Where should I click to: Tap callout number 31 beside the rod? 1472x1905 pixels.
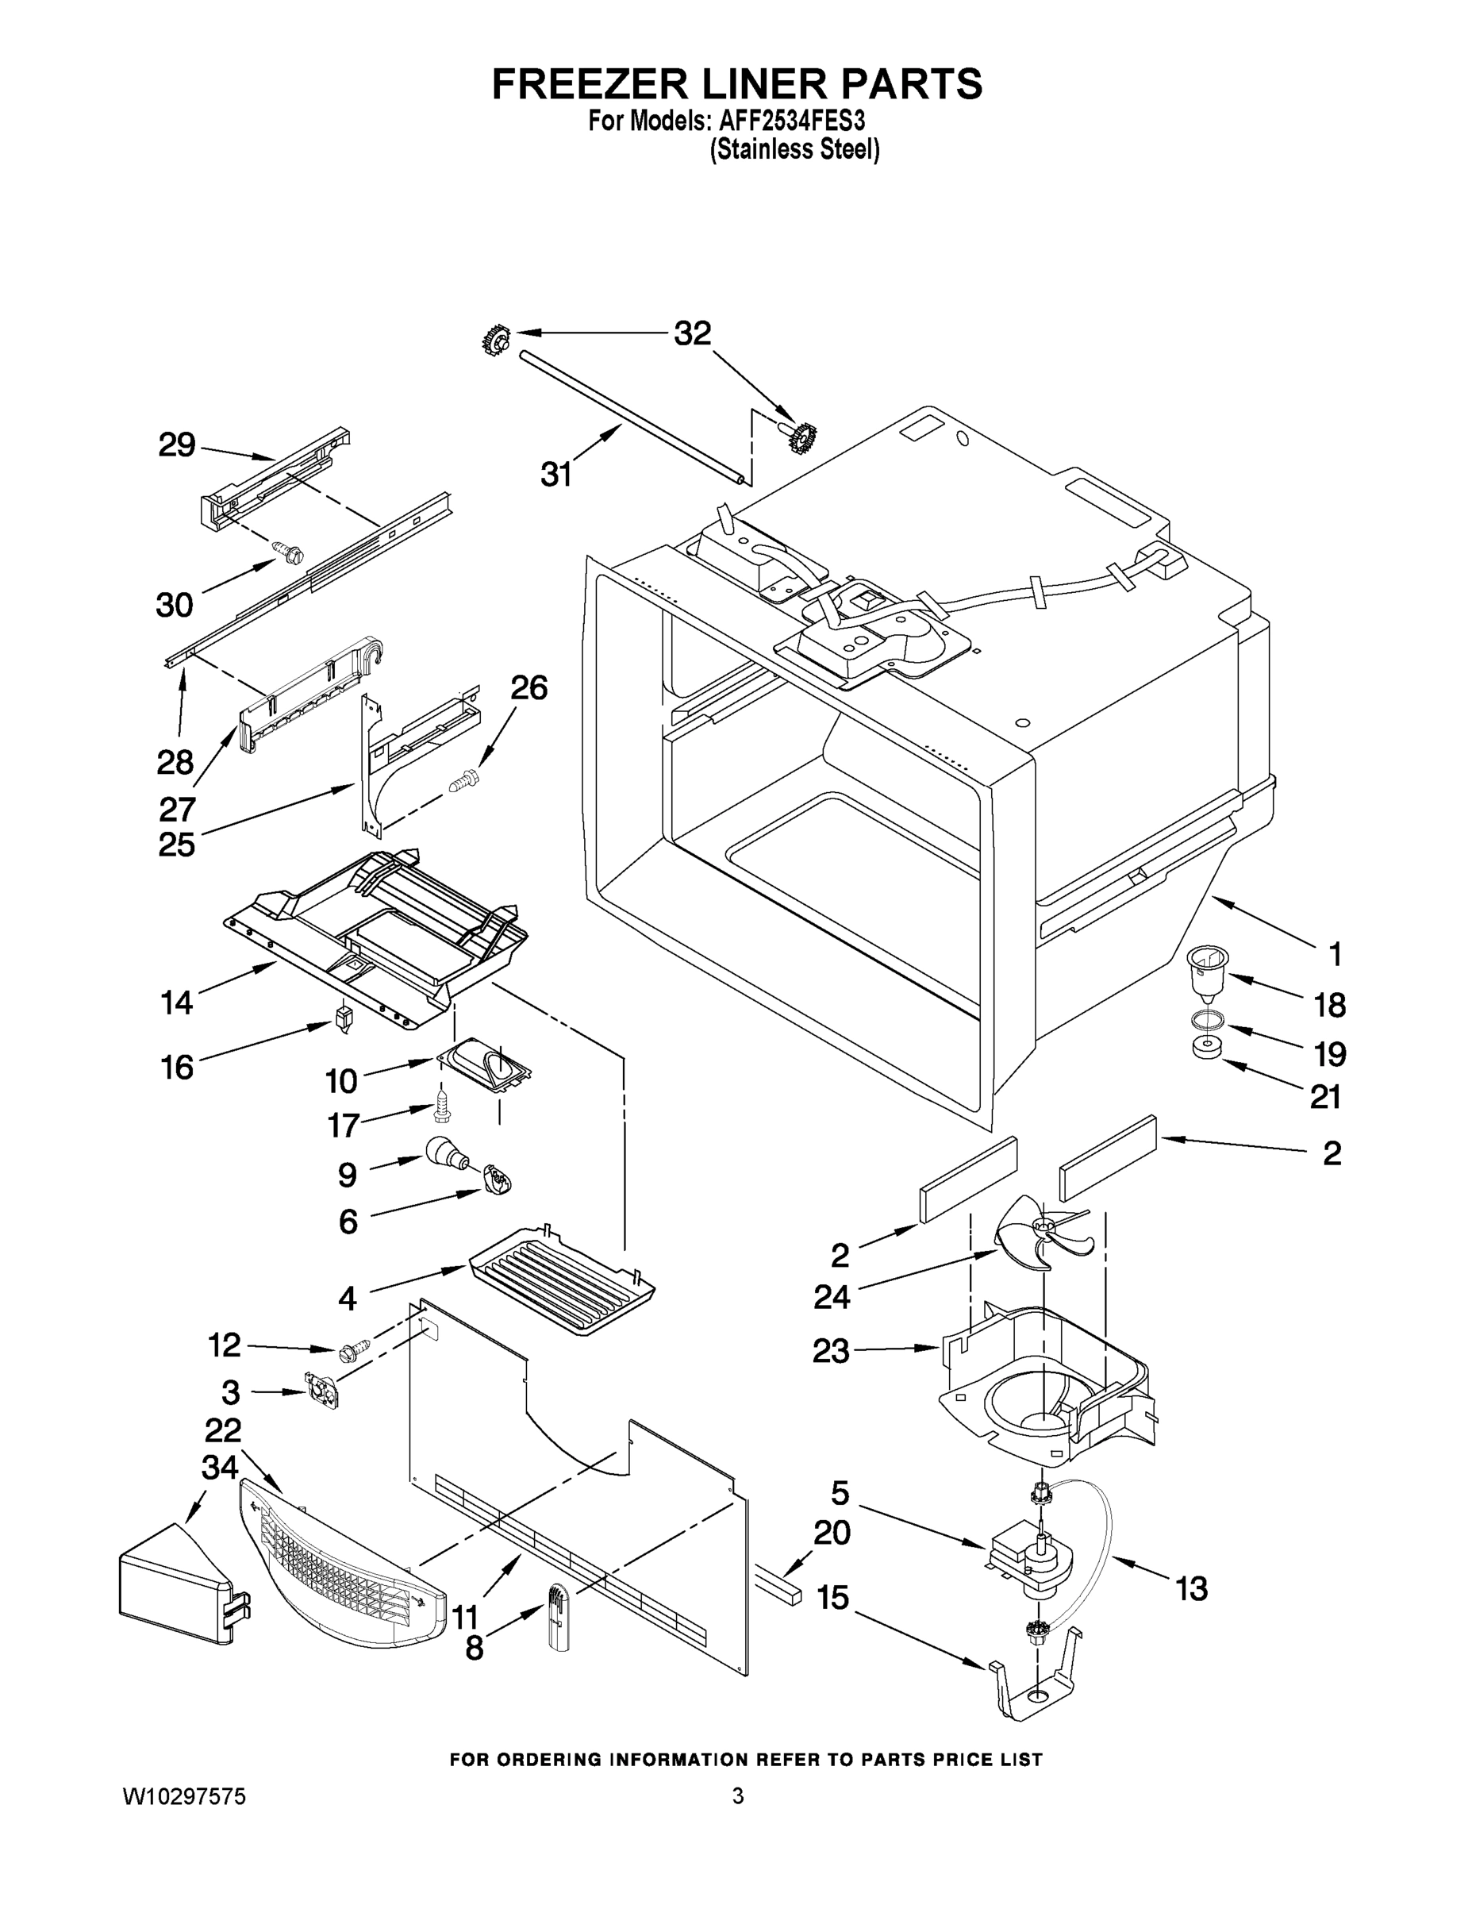pyautogui.click(x=556, y=475)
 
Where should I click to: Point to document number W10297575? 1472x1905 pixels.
pyautogui.click(x=184, y=1796)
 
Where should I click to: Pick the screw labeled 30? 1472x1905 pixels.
pyautogui.click(x=289, y=552)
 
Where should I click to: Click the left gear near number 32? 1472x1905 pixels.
pyautogui.click(x=496, y=339)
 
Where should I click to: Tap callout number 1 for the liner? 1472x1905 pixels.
pyautogui.click(x=1334, y=954)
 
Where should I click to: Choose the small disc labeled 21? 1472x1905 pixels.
pyautogui.click(x=1205, y=1048)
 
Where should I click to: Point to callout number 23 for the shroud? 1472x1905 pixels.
pyautogui.click(x=830, y=1350)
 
